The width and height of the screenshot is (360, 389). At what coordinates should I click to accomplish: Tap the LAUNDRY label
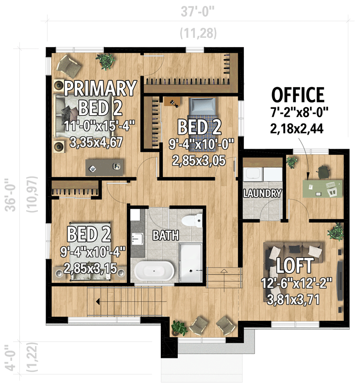(262, 193)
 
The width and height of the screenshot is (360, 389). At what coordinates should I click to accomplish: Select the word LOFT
(294, 266)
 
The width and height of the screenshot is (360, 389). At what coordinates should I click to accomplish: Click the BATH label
(166, 236)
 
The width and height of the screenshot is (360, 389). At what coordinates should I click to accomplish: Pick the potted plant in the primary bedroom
(106, 61)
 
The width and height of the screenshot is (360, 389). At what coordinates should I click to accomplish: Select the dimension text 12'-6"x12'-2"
(296, 283)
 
